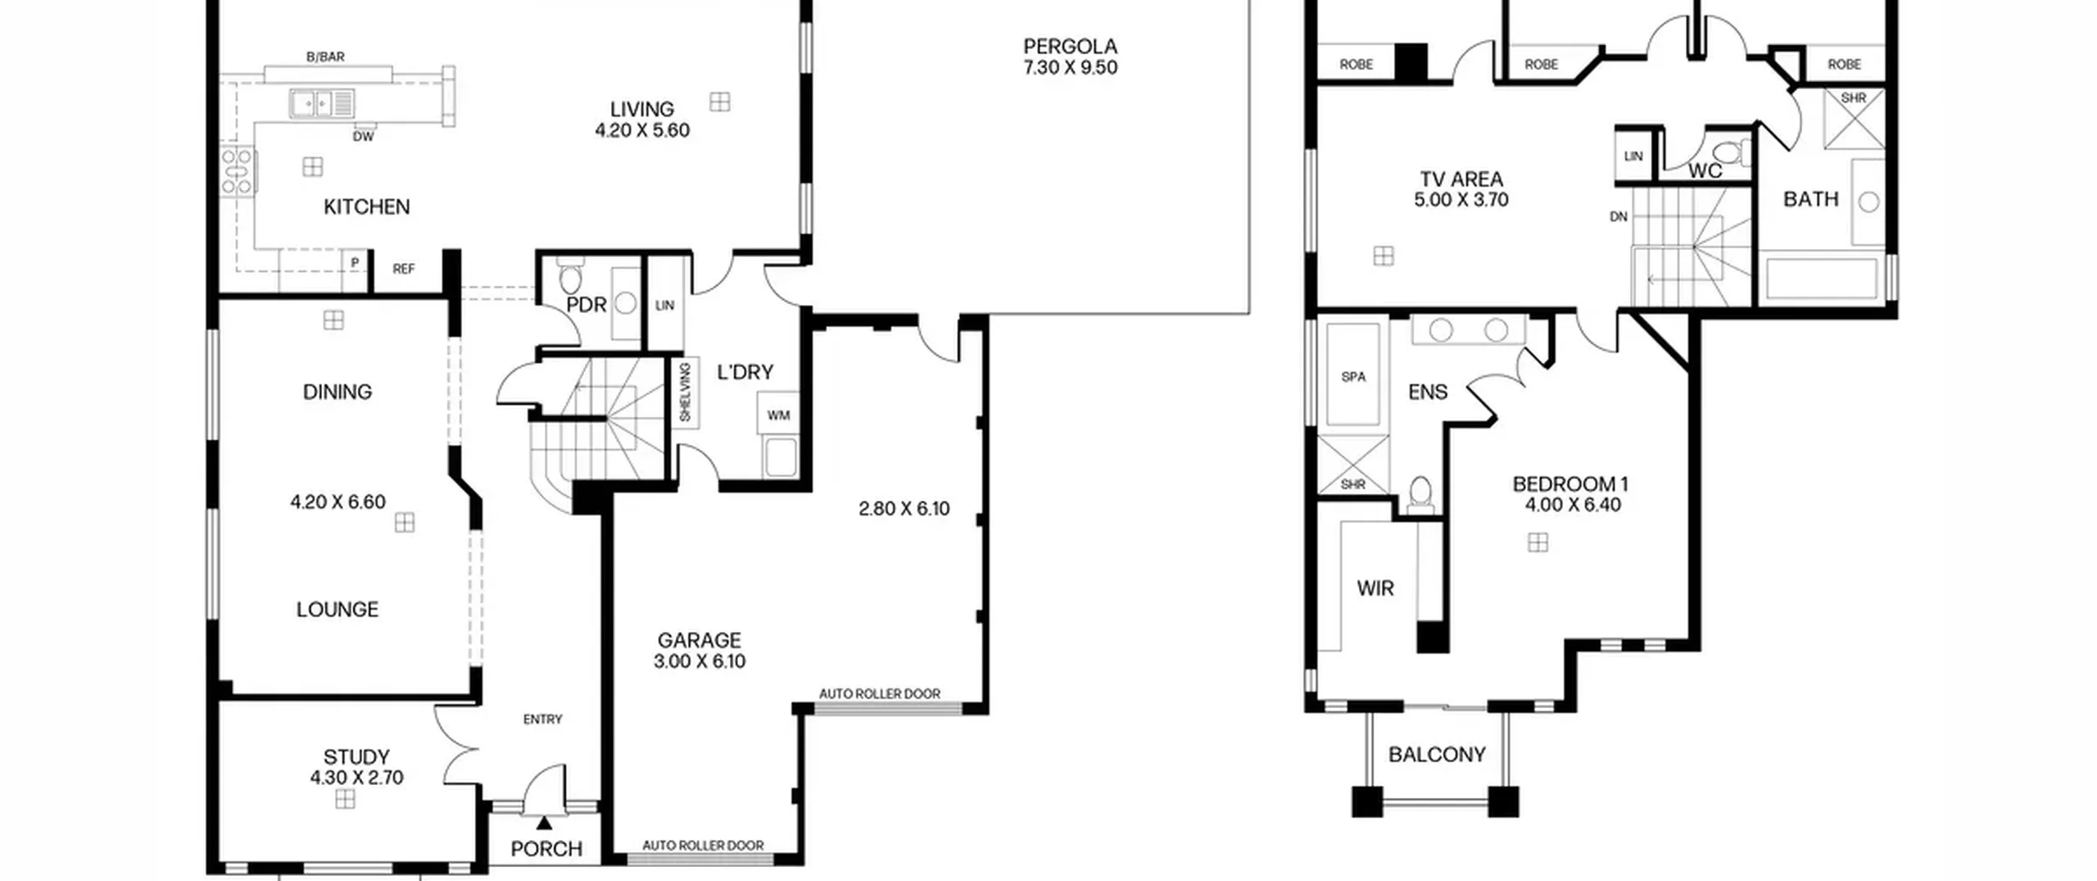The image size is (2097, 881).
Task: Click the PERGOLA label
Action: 1070,46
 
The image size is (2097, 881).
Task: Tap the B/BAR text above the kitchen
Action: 325,57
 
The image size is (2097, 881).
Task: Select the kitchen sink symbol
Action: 321,104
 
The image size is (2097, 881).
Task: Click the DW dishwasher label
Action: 363,137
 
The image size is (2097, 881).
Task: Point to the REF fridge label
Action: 403,269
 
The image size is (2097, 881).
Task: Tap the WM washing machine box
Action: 778,415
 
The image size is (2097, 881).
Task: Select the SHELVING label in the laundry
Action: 686,393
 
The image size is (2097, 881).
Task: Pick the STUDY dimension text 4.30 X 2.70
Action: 356,778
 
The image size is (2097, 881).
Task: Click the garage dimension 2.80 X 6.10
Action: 904,509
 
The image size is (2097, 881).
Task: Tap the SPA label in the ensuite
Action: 1353,377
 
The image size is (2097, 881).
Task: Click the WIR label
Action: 1375,588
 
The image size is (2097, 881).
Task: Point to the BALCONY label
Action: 1437,754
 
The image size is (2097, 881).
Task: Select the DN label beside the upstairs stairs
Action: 1619,217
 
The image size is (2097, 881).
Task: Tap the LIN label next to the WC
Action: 1633,157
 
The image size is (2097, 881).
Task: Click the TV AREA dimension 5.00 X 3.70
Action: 1461,200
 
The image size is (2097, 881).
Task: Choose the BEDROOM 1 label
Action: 1570,484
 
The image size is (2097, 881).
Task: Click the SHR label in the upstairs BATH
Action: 1854,98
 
